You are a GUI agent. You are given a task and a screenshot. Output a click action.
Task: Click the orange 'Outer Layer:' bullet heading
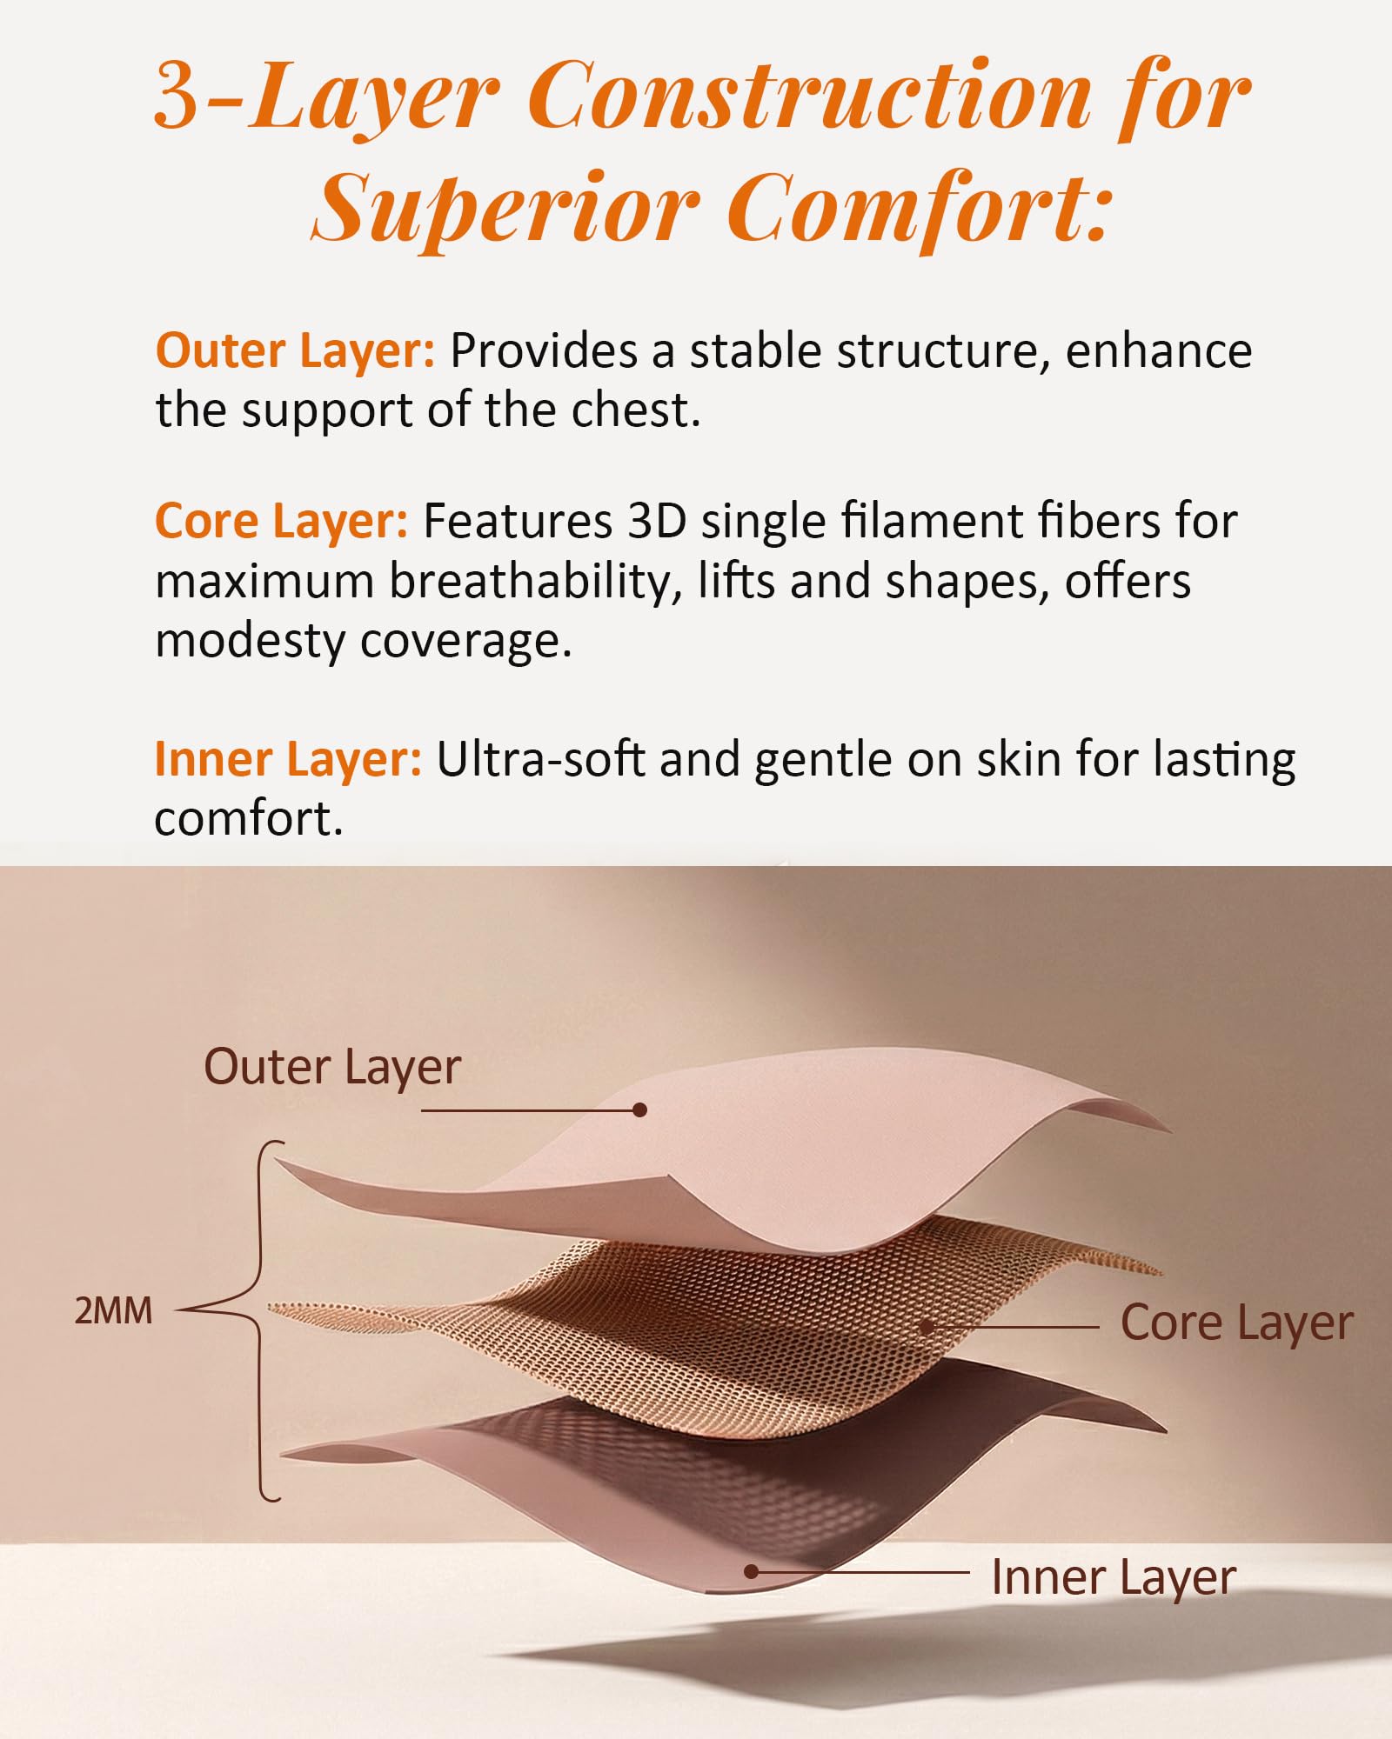point(295,351)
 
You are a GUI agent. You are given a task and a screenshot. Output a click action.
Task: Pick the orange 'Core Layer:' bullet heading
point(281,522)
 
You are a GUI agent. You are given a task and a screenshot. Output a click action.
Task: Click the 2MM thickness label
point(113,1311)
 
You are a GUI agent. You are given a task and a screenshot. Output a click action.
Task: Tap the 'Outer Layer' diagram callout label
point(331,1068)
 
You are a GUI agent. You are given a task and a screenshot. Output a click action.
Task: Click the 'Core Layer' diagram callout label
point(1236,1323)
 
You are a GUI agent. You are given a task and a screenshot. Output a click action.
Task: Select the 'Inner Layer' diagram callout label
point(1114,1577)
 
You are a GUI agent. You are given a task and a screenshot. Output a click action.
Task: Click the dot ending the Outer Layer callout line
point(640,1110)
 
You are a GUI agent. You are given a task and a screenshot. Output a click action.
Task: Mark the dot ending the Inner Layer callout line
point(751,1572)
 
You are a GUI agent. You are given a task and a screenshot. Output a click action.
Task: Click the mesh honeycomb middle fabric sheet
point(713,1322)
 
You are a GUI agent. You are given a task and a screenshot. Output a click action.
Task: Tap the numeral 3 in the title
point(179,96)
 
